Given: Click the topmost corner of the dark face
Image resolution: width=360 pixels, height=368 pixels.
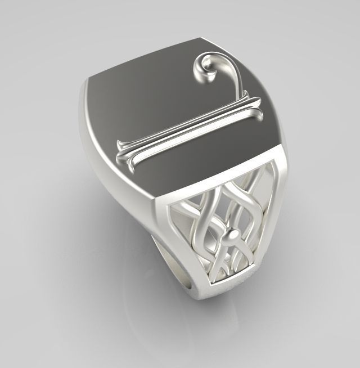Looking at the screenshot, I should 200,39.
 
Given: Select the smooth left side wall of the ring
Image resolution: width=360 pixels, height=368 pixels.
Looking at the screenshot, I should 112,169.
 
